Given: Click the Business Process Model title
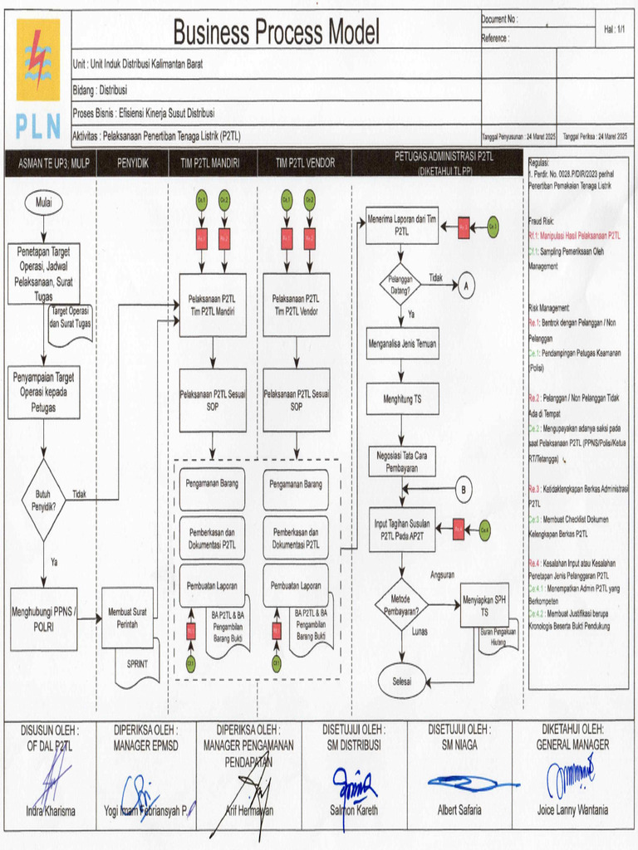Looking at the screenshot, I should click(x=276, y=33).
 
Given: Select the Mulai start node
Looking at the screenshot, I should click(x=43, y=202).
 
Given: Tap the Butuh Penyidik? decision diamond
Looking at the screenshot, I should click(x=43, y=499).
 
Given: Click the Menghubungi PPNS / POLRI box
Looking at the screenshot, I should click(x=44, y=619).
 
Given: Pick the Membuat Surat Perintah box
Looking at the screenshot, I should click(x=127, y=618).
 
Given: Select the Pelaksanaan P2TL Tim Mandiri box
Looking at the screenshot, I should click(x=213, y=305).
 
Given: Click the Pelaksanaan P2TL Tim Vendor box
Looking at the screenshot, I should click(x=297, y=305).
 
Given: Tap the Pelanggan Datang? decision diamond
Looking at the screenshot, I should click(x=401, y=284).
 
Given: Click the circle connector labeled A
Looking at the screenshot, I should click(x=466, y=285).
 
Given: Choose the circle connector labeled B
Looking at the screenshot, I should click(x=464, y=491).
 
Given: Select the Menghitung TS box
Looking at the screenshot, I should click(x=402, y=399).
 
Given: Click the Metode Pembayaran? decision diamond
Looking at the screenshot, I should click(x=401, y=605).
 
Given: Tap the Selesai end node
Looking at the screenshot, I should click(x=402, y=681).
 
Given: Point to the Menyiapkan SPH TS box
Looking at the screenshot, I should click(x=484, y=605).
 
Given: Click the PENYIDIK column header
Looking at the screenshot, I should click(x=133, y=164).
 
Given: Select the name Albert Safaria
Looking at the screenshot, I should click(x=459, y=810).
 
